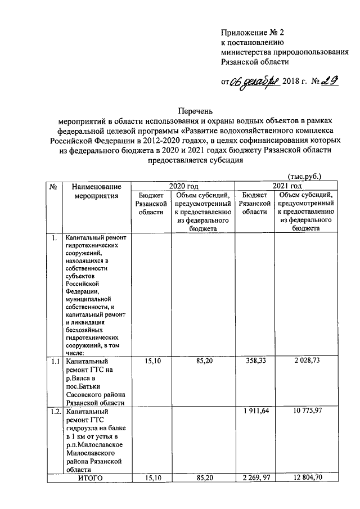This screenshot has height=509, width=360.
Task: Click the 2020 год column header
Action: tap(184, 186)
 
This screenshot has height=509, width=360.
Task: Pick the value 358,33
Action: tap(254, 361)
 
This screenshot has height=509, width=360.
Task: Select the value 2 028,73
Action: tap(305, 361)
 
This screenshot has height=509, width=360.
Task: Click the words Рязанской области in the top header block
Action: tap(255, 62)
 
